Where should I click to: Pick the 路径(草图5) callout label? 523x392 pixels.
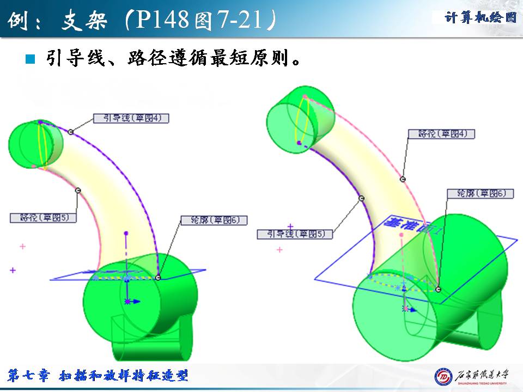coord(43,217)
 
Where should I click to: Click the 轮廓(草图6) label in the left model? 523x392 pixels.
coord(214,220)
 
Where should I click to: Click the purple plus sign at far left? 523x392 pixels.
coord(13,270)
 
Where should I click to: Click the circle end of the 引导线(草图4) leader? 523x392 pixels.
coord(71,132)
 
